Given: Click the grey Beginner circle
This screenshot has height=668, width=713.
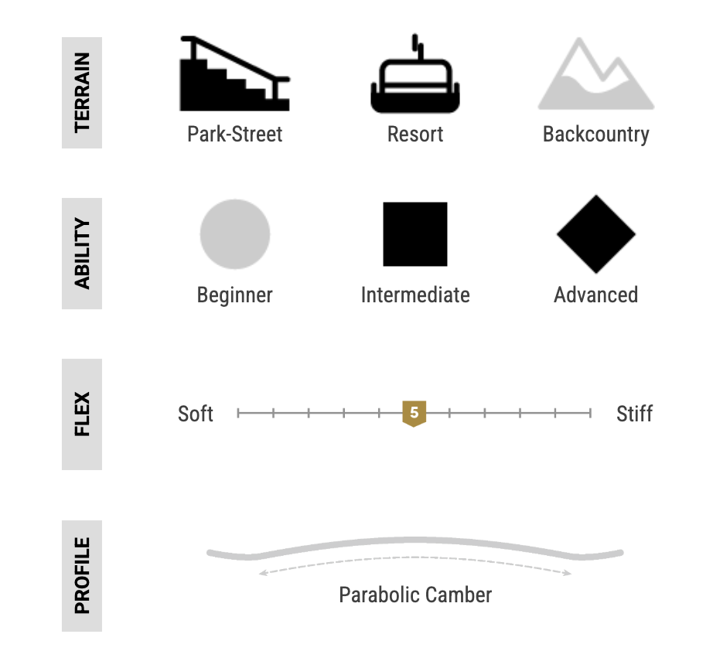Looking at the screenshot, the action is coord(235,234).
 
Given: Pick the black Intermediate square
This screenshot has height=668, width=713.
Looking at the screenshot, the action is coord(415,234).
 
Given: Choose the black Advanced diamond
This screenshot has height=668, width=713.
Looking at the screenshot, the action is coord(596,234).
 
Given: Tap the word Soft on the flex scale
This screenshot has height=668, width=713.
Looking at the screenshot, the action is coord(196,414).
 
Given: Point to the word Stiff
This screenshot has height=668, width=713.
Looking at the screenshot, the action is coord(634,414).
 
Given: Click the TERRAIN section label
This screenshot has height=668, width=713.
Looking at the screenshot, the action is coord(82,93).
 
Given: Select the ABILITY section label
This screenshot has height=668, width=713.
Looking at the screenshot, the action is coord(82,254).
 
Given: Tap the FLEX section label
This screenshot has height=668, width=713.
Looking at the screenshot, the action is coord(82,414).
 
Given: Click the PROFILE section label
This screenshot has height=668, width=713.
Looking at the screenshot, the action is coord(82,576).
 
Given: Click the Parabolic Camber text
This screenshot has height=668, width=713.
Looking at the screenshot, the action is coord(415,595).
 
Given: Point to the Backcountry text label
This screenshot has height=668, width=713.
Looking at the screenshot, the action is coord(596,135).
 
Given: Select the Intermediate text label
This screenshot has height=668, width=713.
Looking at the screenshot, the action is coord(415,295).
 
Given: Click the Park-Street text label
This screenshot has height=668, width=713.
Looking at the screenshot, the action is coord(234,135).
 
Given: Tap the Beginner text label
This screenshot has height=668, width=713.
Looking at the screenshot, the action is coord(234,295).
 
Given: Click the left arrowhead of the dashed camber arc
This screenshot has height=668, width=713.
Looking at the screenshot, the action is coord(262,573).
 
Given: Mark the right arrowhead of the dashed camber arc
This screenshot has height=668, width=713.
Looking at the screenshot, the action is coord(568,573).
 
